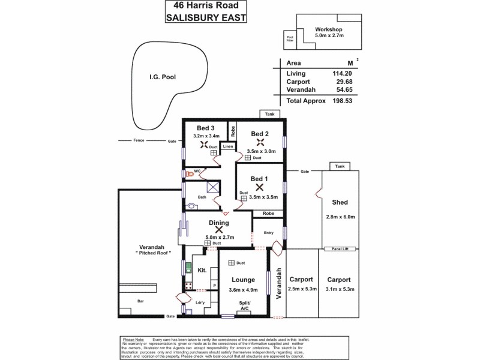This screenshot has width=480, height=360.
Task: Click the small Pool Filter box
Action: [x=289, y=40]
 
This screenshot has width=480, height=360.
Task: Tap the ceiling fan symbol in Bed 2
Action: [x=260, y=142]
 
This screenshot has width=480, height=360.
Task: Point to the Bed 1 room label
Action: [x=259, y=179]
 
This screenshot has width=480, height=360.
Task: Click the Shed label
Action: [x=340, y=202]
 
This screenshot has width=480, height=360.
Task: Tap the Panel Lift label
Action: [x=340, y=248]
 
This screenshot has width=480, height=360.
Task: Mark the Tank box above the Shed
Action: [x=340, y=166]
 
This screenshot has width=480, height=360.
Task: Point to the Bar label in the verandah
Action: [x=140, y=301]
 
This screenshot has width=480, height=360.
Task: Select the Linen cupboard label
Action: [x=228, y=146]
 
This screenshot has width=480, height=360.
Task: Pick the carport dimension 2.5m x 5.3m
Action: [x=302, y=289]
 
